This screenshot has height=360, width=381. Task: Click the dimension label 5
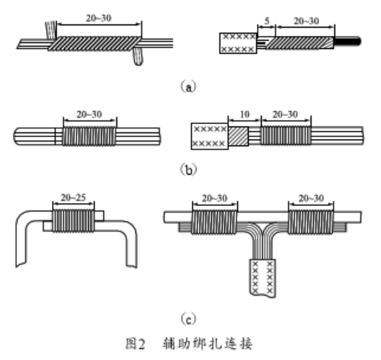267,21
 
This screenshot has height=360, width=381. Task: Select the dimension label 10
245,114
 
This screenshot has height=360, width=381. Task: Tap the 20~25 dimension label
73,198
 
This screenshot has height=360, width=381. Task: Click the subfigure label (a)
188,87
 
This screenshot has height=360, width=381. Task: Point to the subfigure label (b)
189,169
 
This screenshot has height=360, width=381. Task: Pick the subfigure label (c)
189,319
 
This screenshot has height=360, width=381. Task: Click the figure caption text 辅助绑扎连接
207,344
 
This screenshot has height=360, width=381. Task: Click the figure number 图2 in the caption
135,344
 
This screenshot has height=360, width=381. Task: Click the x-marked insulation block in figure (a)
238,43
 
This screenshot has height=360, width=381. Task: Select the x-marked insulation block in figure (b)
210,136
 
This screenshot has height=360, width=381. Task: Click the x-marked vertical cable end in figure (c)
262,278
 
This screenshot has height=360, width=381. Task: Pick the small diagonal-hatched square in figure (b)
238,136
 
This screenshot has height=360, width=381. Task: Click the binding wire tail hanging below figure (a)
138,57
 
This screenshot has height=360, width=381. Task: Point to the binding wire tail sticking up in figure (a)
51,31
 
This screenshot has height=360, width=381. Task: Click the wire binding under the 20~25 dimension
73,221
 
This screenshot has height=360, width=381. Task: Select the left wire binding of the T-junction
214,222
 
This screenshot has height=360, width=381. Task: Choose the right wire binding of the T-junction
311,222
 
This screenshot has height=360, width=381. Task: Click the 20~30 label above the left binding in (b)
90,114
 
